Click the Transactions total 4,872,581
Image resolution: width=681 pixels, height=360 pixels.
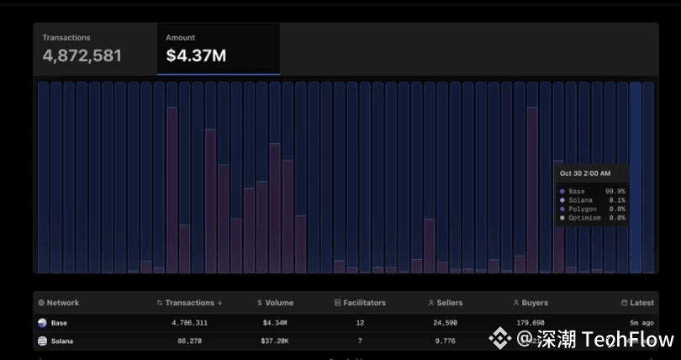pos(82,56)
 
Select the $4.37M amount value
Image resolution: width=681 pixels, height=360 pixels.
pos(196,56)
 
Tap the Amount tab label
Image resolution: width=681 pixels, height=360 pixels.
pos(181,38)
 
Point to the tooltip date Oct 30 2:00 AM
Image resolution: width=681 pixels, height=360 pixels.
pos(585,173)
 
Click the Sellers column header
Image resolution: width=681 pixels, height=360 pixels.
pos(445,303)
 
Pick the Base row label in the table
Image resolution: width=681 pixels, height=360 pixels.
pos(59,322)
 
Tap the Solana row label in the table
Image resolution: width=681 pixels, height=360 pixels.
pos(61,341)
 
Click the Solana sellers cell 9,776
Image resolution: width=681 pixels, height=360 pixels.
pos(446,341)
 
